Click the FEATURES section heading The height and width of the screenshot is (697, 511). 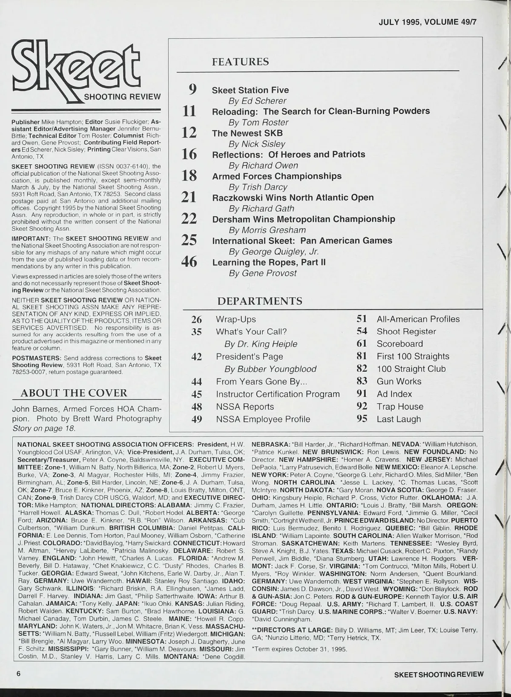pos(240,62)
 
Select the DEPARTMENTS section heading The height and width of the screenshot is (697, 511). pos(260,301)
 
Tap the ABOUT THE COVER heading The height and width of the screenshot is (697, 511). pos(74,393)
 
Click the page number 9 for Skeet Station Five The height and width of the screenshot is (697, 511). pos(192,89)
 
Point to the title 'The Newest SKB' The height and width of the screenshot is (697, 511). pos(247,133)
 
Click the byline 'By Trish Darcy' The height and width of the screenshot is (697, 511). pos(258,187)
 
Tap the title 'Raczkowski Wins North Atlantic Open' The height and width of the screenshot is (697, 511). pos(293,198)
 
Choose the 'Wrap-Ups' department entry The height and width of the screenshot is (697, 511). pos(236,319)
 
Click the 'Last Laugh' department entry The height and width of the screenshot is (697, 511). pos(399,419)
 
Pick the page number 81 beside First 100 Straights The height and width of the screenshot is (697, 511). pos(362,356)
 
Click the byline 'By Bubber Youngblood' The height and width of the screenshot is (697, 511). pos(270,369)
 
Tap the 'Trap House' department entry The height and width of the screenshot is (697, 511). pos(400,407)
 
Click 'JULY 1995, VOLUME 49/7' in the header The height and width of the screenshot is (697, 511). pos(427,22)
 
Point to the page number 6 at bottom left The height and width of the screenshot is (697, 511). pos(19,674)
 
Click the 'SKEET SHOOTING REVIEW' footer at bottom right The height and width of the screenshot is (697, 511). pos(439,674)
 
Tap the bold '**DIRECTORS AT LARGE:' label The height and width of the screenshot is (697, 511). pos(292,630)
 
